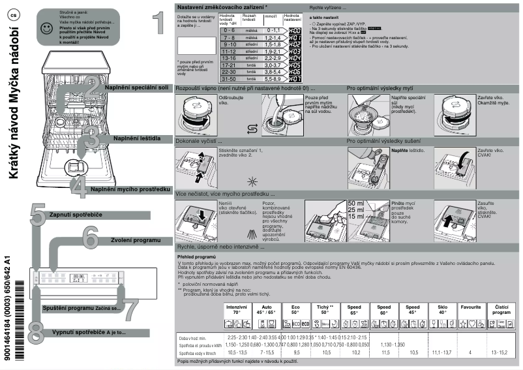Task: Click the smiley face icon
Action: [45, 29]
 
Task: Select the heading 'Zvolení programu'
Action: [136, 241]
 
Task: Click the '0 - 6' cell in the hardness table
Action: [229, 30]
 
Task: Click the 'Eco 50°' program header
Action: [295, 309]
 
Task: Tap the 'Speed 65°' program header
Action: [355, 309]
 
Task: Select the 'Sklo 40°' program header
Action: [443, 309]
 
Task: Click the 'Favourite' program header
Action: [470, 307]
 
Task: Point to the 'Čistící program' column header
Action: [501, 309]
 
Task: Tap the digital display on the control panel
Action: [80, 277]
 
